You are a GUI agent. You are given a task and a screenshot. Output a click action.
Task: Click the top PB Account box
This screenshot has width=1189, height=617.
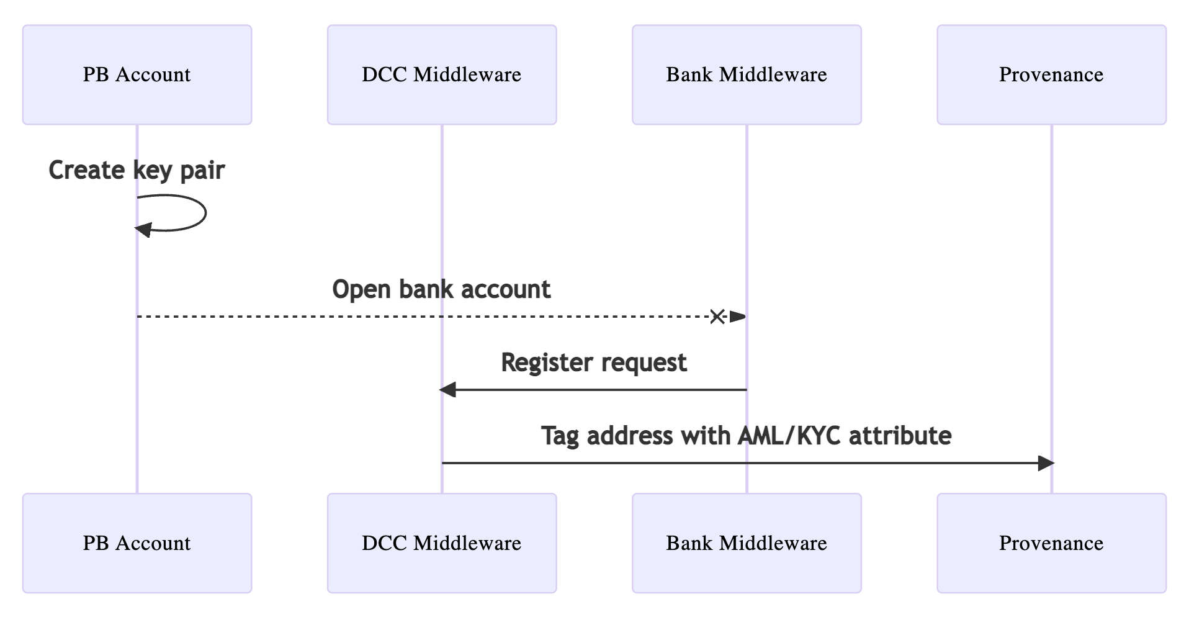click(x=137, y=74)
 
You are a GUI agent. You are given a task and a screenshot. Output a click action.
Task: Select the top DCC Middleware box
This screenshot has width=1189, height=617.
click(x=442, y=74)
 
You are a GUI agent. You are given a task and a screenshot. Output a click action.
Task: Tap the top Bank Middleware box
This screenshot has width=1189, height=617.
click(x=747, y=74)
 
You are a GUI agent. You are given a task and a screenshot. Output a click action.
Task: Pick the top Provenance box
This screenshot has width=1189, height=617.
click(x=1051, y=74)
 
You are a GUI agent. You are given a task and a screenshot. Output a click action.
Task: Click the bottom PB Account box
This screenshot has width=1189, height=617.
click(x=137, y=543)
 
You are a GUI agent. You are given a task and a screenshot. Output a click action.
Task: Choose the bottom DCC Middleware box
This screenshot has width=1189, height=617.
click(x=442, y=543)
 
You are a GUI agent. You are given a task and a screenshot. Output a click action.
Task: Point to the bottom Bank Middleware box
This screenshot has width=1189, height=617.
click(x=747, y=543)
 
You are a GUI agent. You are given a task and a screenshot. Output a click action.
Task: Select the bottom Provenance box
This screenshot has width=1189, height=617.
click(x=1051, y=543)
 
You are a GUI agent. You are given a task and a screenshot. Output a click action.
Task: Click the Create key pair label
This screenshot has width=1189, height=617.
click(x=137, y=170)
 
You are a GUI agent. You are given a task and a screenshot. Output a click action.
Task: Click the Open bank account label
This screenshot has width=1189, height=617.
click(x=441, y=289)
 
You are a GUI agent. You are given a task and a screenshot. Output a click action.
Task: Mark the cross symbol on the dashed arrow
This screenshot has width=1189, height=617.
click(x=717, y=317)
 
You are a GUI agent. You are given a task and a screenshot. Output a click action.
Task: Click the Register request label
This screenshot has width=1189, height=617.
click(x=594, y=363)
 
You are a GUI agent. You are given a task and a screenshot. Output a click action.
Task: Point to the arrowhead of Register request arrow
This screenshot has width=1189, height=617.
click(x=447, y=390)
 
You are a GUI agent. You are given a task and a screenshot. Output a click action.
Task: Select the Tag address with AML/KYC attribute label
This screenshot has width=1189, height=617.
click(x=746, y=436)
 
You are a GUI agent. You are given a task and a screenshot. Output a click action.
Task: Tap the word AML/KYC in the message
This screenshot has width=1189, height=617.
click(x=789, y=436)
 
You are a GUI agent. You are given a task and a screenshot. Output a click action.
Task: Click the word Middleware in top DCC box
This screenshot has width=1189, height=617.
click(x=467, y=74)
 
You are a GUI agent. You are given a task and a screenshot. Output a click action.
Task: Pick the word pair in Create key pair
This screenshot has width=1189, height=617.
click(x=202, y=170)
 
